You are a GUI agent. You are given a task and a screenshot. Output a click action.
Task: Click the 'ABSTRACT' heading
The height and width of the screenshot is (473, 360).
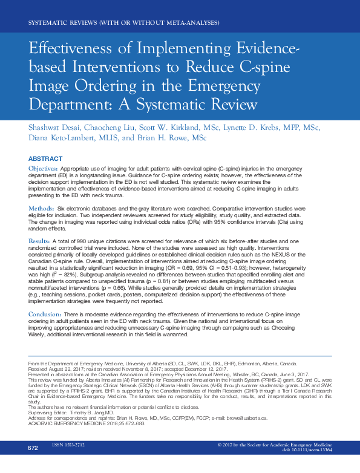tap(46, 158)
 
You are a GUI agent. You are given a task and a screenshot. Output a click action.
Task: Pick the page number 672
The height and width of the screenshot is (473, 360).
tap(33, 465)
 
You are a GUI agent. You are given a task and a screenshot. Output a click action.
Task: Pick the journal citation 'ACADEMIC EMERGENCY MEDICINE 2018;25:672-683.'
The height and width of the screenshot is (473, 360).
tap(91, 441)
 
